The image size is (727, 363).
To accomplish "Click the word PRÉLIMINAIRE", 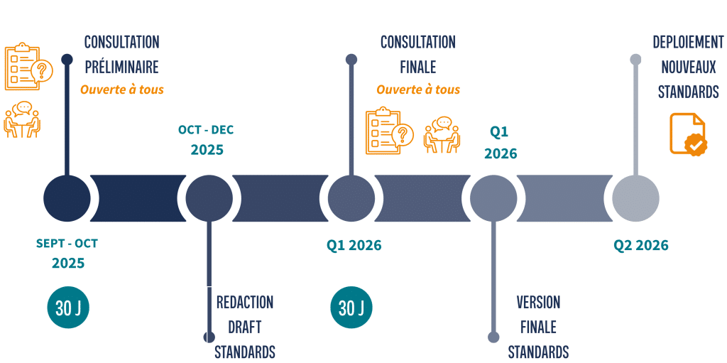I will pos(121,67).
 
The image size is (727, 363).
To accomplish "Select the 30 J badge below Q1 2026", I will pos(351,308).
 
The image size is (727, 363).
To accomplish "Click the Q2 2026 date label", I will pos(641,246).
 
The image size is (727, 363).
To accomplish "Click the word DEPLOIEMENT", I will pos(688,42).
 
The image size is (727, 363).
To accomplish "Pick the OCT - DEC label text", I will pos(206,130).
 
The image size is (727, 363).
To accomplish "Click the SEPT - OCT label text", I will pos(67,244).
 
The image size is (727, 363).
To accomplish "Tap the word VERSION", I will pos(538,303).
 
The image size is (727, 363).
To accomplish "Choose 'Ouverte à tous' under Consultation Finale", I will pos(418,90).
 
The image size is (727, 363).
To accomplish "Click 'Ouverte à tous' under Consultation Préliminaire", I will pos(121,90).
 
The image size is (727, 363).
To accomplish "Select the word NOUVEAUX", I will pos(688,67).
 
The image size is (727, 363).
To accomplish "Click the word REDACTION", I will pos(244,302).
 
